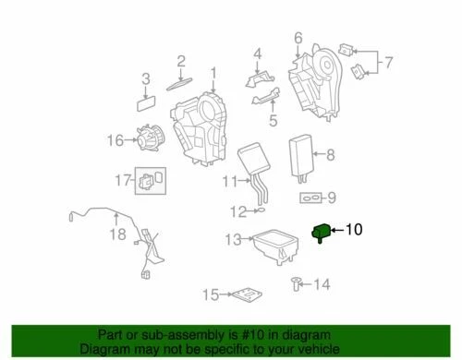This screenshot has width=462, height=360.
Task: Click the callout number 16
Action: (x=115, y=140)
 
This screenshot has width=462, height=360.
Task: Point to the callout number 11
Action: (x=228, y=184)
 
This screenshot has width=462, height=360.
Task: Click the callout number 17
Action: (x=123, y=178)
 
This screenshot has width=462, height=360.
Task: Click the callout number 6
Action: (x=298, y=38)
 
